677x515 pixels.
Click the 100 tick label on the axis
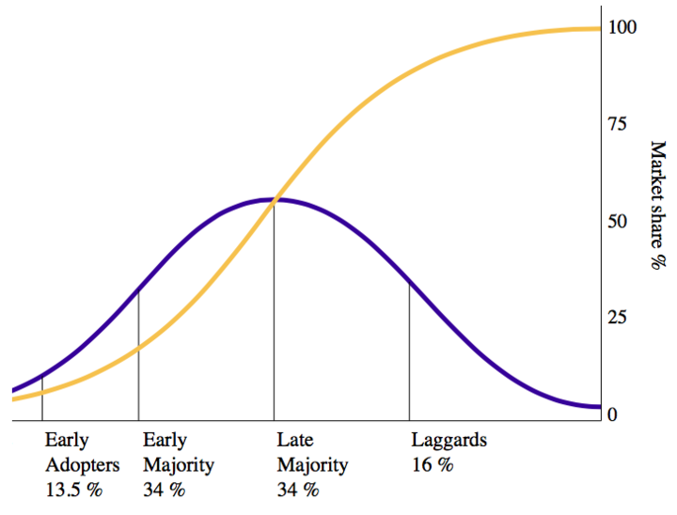click(x=622, y=27)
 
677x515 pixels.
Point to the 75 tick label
click(x=618, y=125)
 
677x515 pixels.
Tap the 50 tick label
click(x=618, y=222)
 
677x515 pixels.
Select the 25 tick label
click(x=618, y=318)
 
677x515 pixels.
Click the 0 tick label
click(x=612, y=414)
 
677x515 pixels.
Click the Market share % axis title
click(x=657, y=205)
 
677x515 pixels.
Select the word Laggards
click(x=449, y=440)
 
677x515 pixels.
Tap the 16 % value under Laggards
click(x=433, y=464)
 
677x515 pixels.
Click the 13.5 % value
click(x=73, y=489)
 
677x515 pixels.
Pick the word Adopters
click(x=83, y=464)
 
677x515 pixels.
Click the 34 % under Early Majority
click(x=165, y=489)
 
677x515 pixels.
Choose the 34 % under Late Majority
click(x=298, y=489)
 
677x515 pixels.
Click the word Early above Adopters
click(x=67, y=440)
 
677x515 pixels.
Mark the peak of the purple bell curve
click(x=274, y=199)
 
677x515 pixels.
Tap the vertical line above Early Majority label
click(x=138, y=357)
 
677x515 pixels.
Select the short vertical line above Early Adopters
click(x=42, y=398)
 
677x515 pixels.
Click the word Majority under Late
click(x=312, y=464)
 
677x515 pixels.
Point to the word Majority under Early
click(x=179, y=464)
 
